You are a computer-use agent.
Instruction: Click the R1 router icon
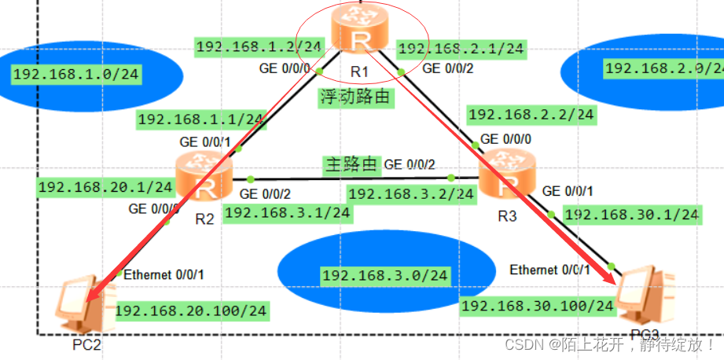point(360,31)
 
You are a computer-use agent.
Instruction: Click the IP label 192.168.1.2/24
point(259,46)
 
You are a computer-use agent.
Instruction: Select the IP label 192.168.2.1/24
point(461,49)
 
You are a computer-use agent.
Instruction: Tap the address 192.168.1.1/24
point(200,119)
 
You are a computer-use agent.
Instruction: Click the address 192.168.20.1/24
point(105,187)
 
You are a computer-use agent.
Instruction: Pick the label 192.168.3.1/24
point(287,211)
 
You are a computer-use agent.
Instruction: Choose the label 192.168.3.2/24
point(411,193)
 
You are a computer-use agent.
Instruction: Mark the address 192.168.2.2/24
point(531,114)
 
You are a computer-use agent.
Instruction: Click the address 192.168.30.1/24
point(632,214)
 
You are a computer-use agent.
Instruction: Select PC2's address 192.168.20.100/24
point(191,310)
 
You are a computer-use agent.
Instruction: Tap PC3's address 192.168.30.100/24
point(538,305)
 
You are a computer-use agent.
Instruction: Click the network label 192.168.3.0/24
point(384,275)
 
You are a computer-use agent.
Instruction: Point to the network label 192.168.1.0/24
point(76,75)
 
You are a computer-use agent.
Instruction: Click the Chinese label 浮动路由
point(355,97)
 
